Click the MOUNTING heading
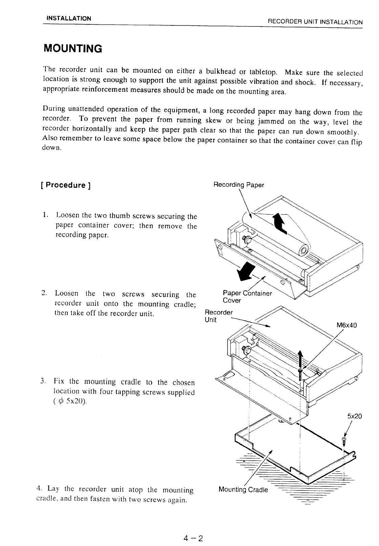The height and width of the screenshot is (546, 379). coord(73,49)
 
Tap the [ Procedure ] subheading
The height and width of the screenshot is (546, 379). coord(65,185)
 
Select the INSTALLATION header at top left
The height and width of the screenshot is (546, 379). coord(69,18)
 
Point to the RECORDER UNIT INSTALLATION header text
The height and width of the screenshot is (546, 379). coord(315,22)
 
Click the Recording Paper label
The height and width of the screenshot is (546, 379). coord(238,185)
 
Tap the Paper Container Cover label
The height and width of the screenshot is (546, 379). coord(247,297)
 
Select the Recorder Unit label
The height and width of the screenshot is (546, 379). coord(219,316)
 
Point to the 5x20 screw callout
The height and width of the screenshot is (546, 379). coord(354,416)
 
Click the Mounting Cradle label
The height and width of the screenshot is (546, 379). coord(243,490)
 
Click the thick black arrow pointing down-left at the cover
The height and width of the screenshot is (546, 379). coord(246,270)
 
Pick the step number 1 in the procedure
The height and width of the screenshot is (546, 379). coord(45,215)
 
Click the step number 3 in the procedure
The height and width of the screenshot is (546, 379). coord(43,381)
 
